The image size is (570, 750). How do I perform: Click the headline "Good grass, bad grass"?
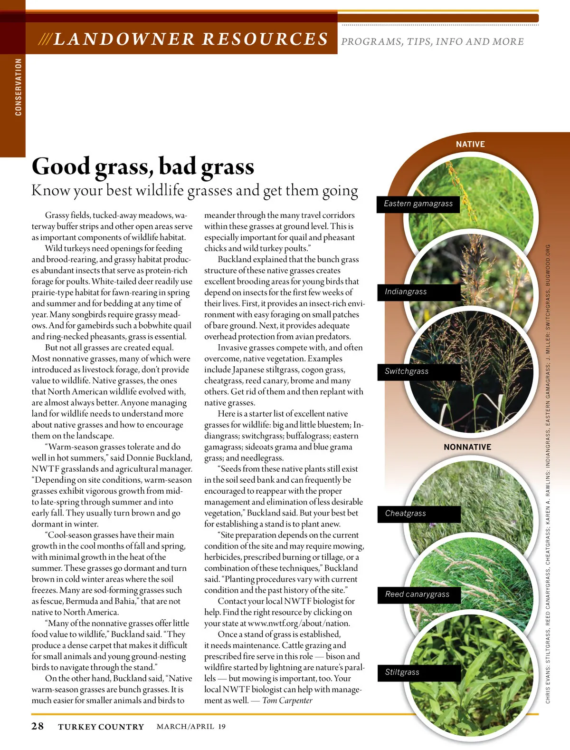tap(142, 166)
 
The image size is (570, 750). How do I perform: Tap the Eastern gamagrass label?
tap(418, 204)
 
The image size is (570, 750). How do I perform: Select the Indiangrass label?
tap(406, 292)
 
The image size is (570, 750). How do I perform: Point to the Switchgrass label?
tap(407, 371)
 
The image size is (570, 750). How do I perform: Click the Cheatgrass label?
tap(405, 514)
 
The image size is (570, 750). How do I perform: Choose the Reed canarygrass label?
tap(417, 594)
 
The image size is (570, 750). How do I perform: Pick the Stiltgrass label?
tap(402, 672)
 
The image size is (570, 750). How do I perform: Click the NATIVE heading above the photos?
tap(470, 145)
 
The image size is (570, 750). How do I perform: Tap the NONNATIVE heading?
tap(467, 448)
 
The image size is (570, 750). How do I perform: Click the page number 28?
tap(38, 726)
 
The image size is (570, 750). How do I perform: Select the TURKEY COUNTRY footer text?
tap(101, 727)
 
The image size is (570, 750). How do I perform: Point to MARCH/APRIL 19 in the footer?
tap(191, 727)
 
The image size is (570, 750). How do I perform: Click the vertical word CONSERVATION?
tap(19, 87)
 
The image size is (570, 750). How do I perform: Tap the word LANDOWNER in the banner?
tap(124, 39)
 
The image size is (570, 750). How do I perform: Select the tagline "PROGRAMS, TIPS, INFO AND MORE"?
tap(432, 42)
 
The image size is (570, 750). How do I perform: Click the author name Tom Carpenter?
tap(287, 701)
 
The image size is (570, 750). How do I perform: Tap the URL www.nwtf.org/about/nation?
tap(299, 623)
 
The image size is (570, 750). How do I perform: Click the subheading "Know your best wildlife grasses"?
tap(195, 191)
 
